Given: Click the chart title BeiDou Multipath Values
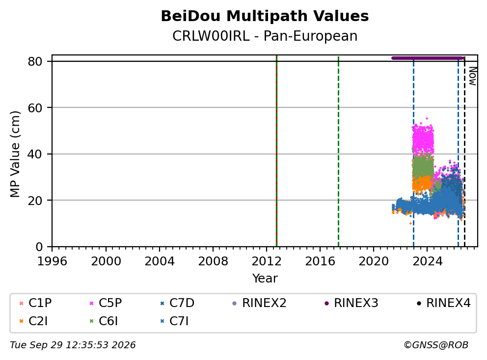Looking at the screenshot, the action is click(x=265, y=16).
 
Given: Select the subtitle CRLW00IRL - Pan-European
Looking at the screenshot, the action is click(x=265, y=36).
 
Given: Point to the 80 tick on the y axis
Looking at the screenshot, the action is click(x=35, y=61).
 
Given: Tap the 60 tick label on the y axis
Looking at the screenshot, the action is click(x=35, y=108).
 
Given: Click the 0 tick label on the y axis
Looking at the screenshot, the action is click(x=39, y=247).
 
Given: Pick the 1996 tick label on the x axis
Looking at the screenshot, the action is click(x=52, y=261).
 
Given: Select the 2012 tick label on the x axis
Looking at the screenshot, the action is click(x=266, y=261).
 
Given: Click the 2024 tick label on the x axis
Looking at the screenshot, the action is click(x=427, y=261).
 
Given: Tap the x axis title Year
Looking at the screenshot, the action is click(x=265, y=279).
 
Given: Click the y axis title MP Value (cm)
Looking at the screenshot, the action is click(x=15, y=154).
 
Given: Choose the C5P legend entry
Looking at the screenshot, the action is click(x=106, y=303).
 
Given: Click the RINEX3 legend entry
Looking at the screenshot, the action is click(x=352, y=303).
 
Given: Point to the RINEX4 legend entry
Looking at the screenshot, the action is click(x=443, y=303).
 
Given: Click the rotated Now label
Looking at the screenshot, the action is click(x=472, y=76).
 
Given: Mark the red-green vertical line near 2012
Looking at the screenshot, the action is click(x=276, y=151).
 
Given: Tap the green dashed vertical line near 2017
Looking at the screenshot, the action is click(x=338, y=151).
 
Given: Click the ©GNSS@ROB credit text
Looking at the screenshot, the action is click(x=436, y=345).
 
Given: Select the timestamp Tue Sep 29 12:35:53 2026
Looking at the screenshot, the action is click(x=73, y=345).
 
